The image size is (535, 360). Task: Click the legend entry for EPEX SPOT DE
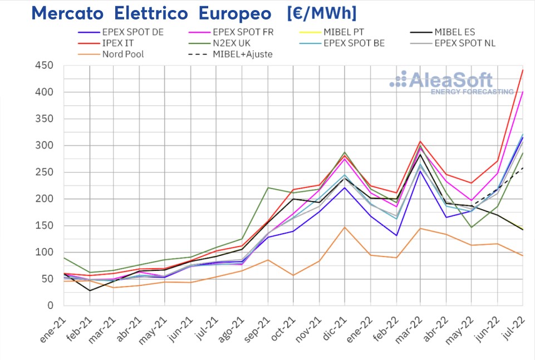(132, 32)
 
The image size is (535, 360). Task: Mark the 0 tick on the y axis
(50, 305)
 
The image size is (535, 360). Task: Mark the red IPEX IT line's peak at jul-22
(523, 70)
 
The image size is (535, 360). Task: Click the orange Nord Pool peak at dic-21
(345, 227)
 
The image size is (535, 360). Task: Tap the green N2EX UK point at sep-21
(268, 188)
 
